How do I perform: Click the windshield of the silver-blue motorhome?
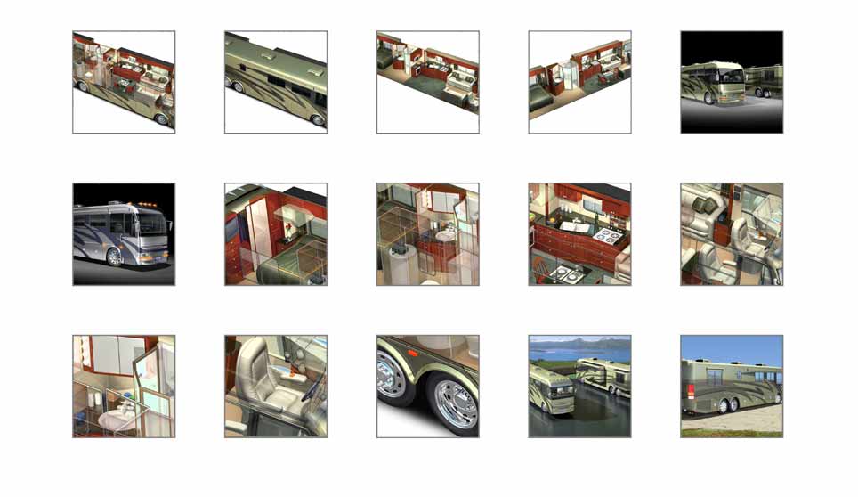(152, 230)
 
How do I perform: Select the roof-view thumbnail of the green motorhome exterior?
(275, 82)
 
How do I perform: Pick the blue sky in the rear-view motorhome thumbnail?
(731, 347)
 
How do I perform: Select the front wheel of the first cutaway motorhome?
(161, 118)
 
